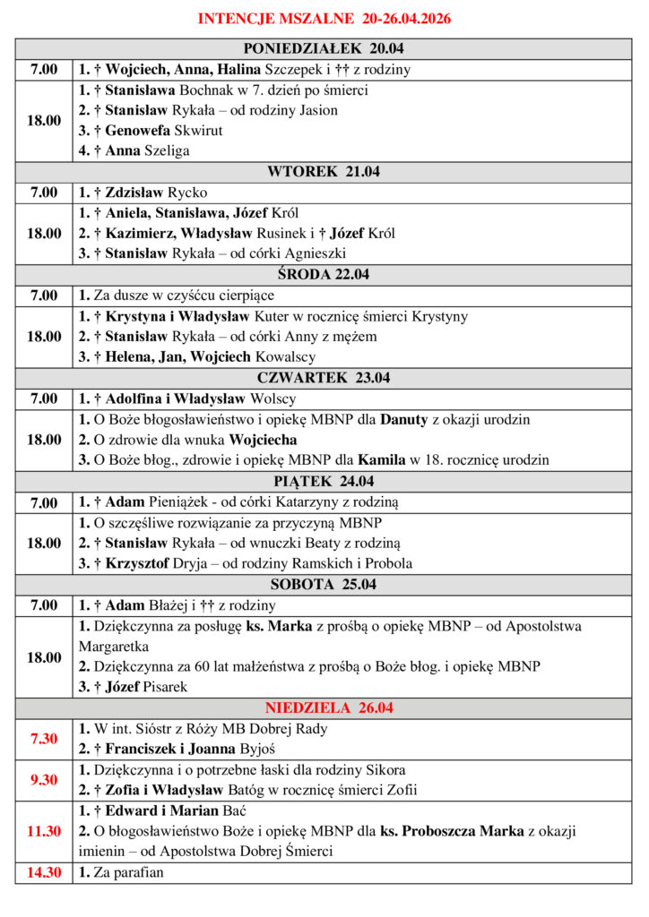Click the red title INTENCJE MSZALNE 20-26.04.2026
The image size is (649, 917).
click(x=324, y=18)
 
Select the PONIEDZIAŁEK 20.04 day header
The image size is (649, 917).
click(x=324, y=49)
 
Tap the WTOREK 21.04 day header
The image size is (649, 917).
click(x=324, y=172)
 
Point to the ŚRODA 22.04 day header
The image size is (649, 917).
click(x=324, y=275)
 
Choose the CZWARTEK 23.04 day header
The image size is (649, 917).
click(x=324, y=378)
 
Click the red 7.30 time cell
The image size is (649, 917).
click(x=44, y=739)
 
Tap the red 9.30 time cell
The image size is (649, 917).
click(x=44, y=780)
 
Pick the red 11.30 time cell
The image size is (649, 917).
click(x=44, y=831)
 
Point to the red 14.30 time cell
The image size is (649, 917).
click(x=44, y=872)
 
